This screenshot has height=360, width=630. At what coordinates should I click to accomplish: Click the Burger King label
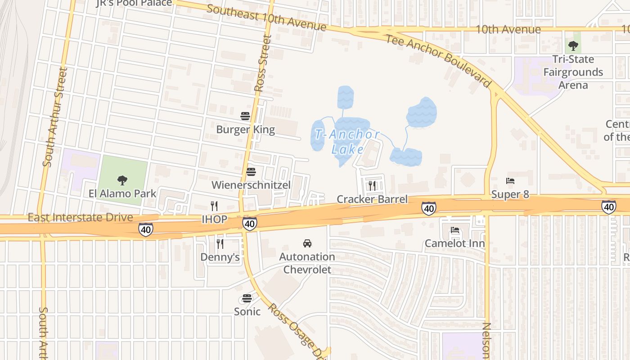click(245, 130)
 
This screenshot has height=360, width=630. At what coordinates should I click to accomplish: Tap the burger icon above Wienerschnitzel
click(251, 172)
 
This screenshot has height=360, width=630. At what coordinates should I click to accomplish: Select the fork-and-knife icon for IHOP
click(214, 206)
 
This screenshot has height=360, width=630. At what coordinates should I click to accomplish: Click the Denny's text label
click(220, 257)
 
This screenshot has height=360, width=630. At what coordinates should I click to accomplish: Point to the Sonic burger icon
click(247, 298)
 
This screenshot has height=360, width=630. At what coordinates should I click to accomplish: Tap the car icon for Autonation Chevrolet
click(307, 243)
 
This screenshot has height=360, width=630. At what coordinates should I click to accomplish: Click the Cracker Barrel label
click(372, 199)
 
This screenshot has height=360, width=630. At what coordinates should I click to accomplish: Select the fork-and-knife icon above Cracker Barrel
click(372, 186)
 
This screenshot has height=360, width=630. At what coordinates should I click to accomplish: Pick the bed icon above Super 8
click(510, 181)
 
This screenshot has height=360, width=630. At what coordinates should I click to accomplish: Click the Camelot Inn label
click(455, 244)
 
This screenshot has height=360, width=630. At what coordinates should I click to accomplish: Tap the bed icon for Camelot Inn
click(455, 230)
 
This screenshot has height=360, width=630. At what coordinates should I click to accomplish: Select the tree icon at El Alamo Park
click(122, 180)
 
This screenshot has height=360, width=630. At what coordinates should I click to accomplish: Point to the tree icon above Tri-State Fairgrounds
click(573, 45)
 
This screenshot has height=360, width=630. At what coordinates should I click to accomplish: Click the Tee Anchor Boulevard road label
click(438, 60)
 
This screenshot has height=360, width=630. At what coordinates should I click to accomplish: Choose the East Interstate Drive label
click(80, 218)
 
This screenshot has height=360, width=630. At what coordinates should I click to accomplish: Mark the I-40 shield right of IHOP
click(249, 223)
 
